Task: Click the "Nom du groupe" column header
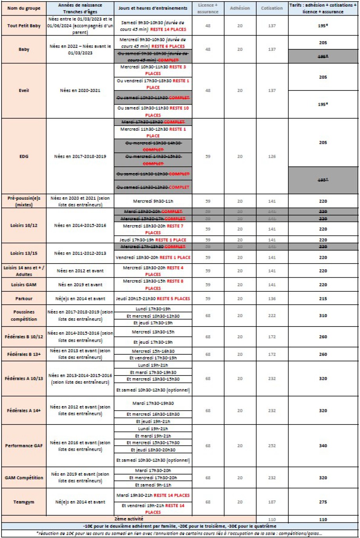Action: click(24, 8)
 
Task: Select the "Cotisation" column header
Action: click(272, 8)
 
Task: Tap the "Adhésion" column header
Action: click(240, 8)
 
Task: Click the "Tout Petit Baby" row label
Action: click(24, 26)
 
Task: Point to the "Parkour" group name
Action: click(24, 299)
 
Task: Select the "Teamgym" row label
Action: click(24, 502)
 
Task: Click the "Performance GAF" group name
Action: click(24, 446)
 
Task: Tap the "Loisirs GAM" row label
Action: click(24, 285)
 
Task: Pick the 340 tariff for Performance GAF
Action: click(323, 446)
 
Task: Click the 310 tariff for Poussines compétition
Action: click(323, 316)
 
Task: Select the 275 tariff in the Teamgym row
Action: click(323, 502)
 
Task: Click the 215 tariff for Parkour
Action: click(323, 299)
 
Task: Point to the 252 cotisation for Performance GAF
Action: click(272, 446)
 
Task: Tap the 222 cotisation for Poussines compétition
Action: click(272, 316)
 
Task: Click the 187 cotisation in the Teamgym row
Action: click(272, 502)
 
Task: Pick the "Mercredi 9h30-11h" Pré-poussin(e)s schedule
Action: click(153, 201)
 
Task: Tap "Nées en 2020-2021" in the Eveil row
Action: click(80, 90)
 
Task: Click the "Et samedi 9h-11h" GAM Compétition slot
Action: click(153, 485)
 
